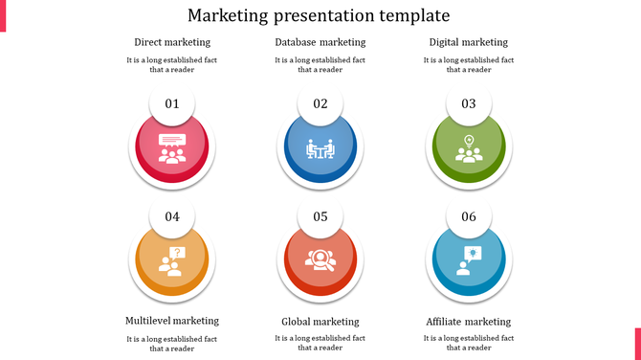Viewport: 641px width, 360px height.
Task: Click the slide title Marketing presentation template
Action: coord(320,16)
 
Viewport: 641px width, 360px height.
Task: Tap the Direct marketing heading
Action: coord(172,42)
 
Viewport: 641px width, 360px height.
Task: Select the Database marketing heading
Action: coord(320,42)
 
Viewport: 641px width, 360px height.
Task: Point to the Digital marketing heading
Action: coord(469,42)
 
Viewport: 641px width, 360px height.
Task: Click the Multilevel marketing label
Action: coord(172,321)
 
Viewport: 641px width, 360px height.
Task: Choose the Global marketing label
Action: coord(320,322)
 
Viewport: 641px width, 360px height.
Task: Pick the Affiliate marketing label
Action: coord(469,322)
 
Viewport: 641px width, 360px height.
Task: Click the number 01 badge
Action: coord(172,103)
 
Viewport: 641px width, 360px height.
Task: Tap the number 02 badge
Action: coord(320,103)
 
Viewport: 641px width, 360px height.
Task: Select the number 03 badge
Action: coord(469,103)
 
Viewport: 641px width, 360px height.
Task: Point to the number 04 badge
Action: coord(172,216)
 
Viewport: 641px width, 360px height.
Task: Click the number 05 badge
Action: coord(320,216)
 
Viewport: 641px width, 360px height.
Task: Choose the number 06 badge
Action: coord(469,216)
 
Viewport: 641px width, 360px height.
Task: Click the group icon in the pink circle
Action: coord(172,149)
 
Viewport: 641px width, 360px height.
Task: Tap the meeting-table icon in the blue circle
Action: coord(320,149)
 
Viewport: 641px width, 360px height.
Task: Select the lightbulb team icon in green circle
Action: coord(469,149)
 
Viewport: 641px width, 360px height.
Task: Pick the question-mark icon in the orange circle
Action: coord(172,261)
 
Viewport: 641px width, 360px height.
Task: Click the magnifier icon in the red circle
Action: coord(320,259)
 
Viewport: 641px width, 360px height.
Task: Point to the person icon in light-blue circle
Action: coord(469,260)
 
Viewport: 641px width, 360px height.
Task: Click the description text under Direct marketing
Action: coord(172,64)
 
